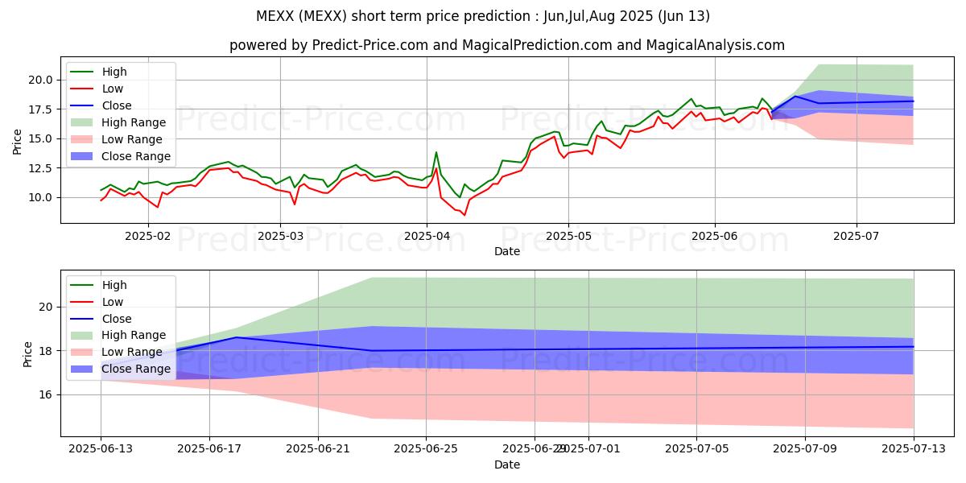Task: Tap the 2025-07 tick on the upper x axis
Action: tap(856, 237)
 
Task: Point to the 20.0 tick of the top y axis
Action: tap(43, 80)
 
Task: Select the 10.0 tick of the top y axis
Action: tap(43, 197)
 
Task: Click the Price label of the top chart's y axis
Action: tap(18, 141)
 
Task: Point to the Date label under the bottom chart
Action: tap(507, 464)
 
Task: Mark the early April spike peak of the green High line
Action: tap(436, 152)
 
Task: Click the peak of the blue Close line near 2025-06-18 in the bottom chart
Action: tap(237, 337)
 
